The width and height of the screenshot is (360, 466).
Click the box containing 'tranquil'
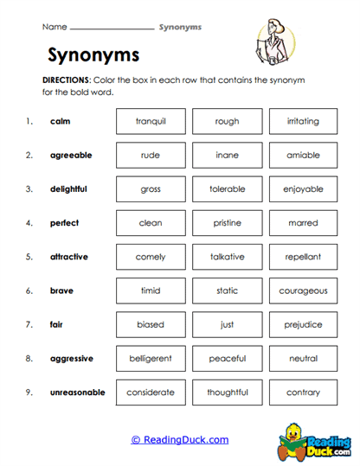(x=151, y=122)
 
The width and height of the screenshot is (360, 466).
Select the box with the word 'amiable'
(x=303, y=156)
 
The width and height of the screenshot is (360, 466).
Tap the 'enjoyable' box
(x=303, y=189)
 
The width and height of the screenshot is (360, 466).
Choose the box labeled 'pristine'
(x=227, y=223)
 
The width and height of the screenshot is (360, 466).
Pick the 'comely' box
(x=151, y=257)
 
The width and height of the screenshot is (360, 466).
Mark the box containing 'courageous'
(x=303, y=291)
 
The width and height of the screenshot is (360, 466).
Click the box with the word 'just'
(x=227, y=325)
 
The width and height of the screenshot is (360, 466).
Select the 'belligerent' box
(x=151, y=359)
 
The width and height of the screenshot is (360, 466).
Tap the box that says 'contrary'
(x=303, y=393)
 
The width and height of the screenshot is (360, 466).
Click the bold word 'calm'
(x=61, y=122)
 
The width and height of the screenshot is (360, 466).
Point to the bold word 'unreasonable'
(x=78, y=393)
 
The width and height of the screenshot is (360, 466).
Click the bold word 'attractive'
(x=69, y=257)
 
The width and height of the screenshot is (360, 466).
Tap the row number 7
(x=29, y=325)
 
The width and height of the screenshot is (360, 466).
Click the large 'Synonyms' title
(x=93, y=55)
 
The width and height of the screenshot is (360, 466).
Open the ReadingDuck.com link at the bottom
(x=180, y=439)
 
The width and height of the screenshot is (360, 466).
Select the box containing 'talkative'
(x=227, y=257)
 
